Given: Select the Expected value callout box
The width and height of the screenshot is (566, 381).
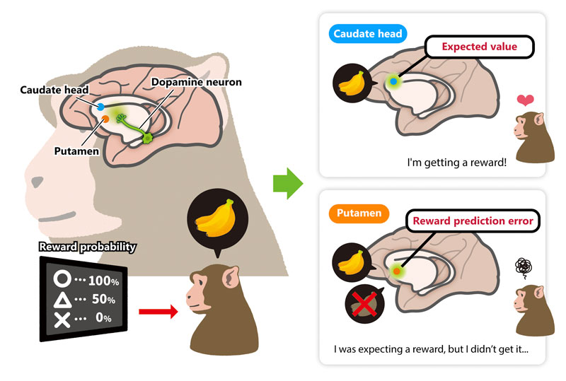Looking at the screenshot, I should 478,47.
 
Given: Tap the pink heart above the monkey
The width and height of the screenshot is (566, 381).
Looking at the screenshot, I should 524,101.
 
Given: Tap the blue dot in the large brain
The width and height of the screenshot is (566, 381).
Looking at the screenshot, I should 100,107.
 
